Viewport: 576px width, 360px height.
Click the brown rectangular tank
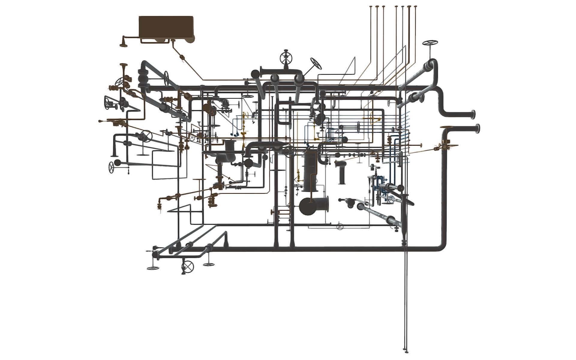pos(166,27)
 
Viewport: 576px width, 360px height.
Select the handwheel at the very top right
pos(430,43)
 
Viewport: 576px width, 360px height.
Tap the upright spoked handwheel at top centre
pos(286,57)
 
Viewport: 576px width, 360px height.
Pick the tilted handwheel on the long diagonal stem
pos(316,63)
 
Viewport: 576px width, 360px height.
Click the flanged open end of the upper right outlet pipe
pos(473,114)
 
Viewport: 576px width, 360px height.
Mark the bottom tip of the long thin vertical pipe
pos(406,351)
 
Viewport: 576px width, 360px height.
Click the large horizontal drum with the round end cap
pos(313,206)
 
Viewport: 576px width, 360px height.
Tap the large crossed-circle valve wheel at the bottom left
pos(188,266)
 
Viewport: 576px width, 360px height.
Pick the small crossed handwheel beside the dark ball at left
pos(111,167)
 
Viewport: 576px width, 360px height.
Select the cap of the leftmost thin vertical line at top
pos(371,6)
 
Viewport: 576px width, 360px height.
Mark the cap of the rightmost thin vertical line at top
pos(415,6)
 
